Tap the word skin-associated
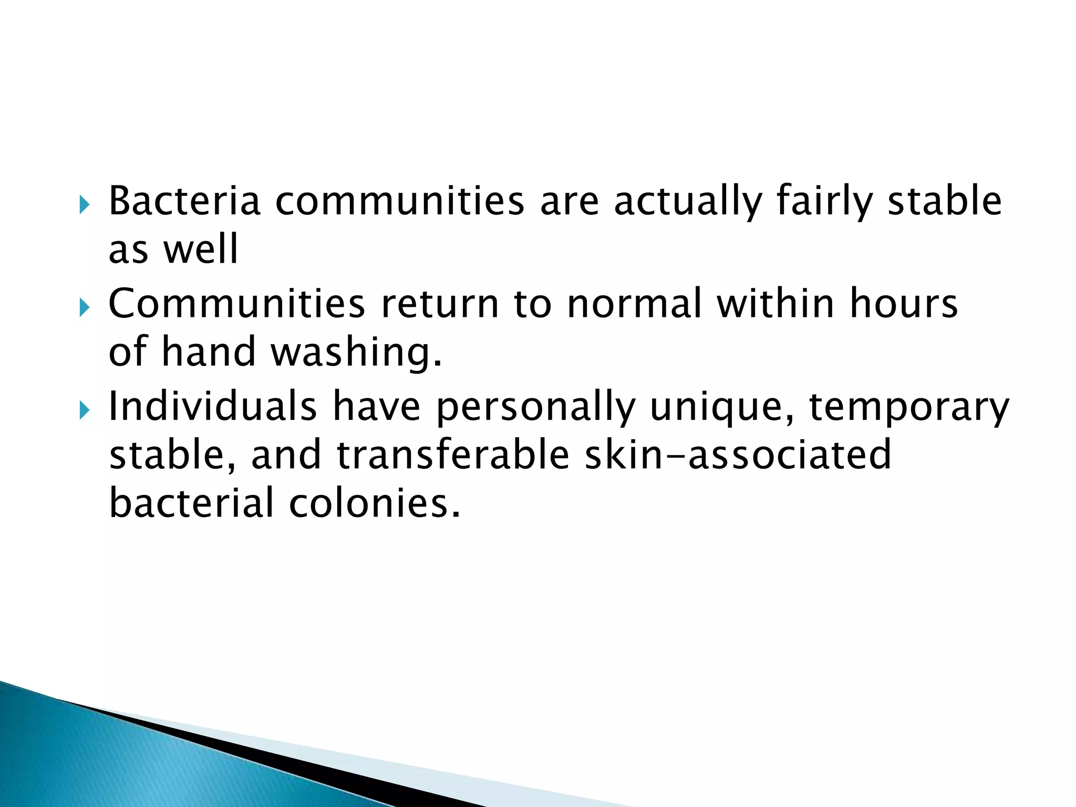[738, 454]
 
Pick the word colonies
[374, 503]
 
